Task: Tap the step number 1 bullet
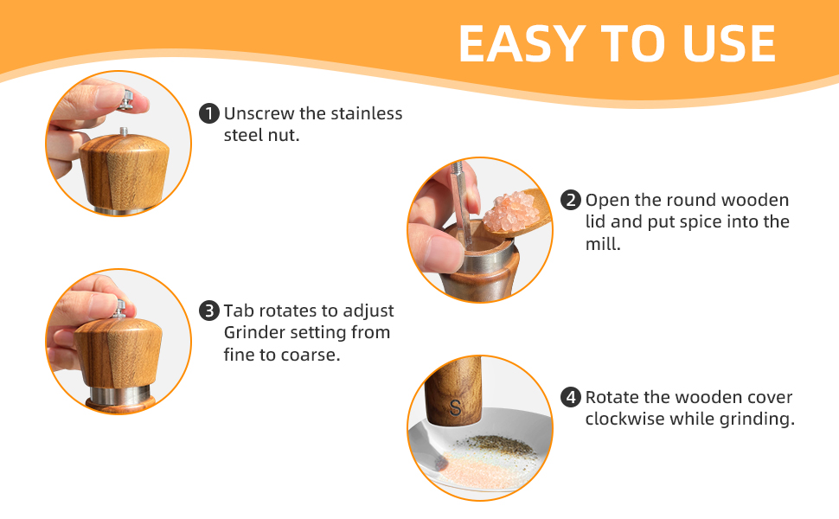click(208, 114)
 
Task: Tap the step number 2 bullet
click(571, 201)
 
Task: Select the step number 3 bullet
click(208, 311)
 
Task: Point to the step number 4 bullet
click(571, 398)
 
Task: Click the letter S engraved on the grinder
click(456, 407)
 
